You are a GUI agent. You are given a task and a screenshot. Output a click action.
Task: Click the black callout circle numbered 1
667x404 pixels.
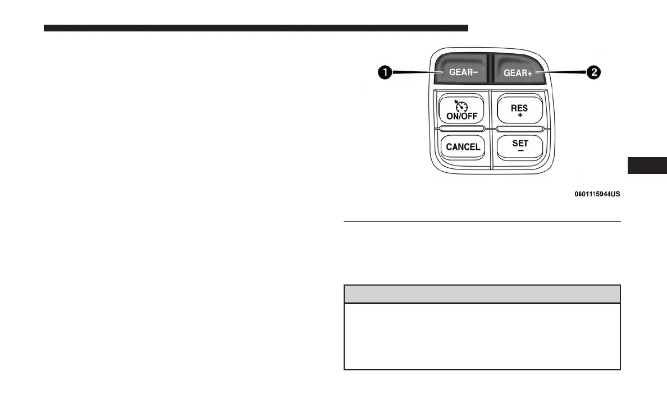click(x=385, y=72)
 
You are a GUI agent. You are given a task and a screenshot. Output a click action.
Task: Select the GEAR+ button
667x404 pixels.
click(x=518, y=71)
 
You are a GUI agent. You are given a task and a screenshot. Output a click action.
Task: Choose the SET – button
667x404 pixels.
click(x=519, y=147)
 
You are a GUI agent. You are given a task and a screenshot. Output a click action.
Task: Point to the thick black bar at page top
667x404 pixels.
click(x=255, y=27)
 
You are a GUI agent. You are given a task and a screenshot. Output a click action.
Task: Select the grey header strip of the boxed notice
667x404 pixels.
click(x=482, y=294)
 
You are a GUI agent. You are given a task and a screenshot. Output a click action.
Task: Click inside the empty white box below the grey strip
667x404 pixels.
click(x=482, y=336)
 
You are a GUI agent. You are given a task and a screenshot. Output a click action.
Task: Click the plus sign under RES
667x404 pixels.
click(x=520, y=114)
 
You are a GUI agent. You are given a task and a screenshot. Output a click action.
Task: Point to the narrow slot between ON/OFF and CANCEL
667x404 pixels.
click(x=461, y=128)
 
